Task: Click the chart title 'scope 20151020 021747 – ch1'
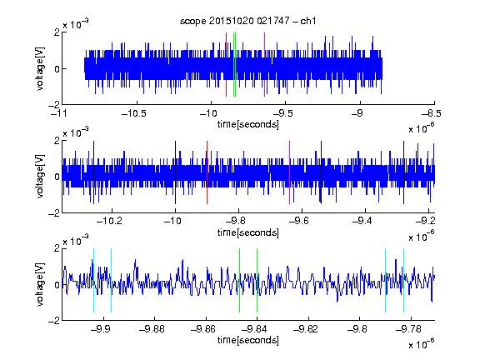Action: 247,21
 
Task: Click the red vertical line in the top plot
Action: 226,65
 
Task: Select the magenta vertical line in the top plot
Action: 264,65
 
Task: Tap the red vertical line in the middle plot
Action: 207,172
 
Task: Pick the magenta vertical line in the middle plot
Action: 290,172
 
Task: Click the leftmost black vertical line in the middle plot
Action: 93,172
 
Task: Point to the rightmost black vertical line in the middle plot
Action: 403,172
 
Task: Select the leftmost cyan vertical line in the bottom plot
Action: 93,280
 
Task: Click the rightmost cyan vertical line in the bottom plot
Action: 404,280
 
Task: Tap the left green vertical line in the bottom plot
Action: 239,280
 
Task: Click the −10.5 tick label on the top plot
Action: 134,113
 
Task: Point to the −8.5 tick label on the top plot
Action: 432,113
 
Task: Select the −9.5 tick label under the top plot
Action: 282,113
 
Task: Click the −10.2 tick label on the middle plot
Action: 109,221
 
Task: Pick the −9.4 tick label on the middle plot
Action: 362,221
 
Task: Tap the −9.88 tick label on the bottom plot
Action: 152,329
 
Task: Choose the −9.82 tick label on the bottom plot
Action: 306,329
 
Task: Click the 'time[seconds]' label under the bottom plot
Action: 248,340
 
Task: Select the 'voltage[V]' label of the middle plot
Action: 40,177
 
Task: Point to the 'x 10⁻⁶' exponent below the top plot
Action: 422,128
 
